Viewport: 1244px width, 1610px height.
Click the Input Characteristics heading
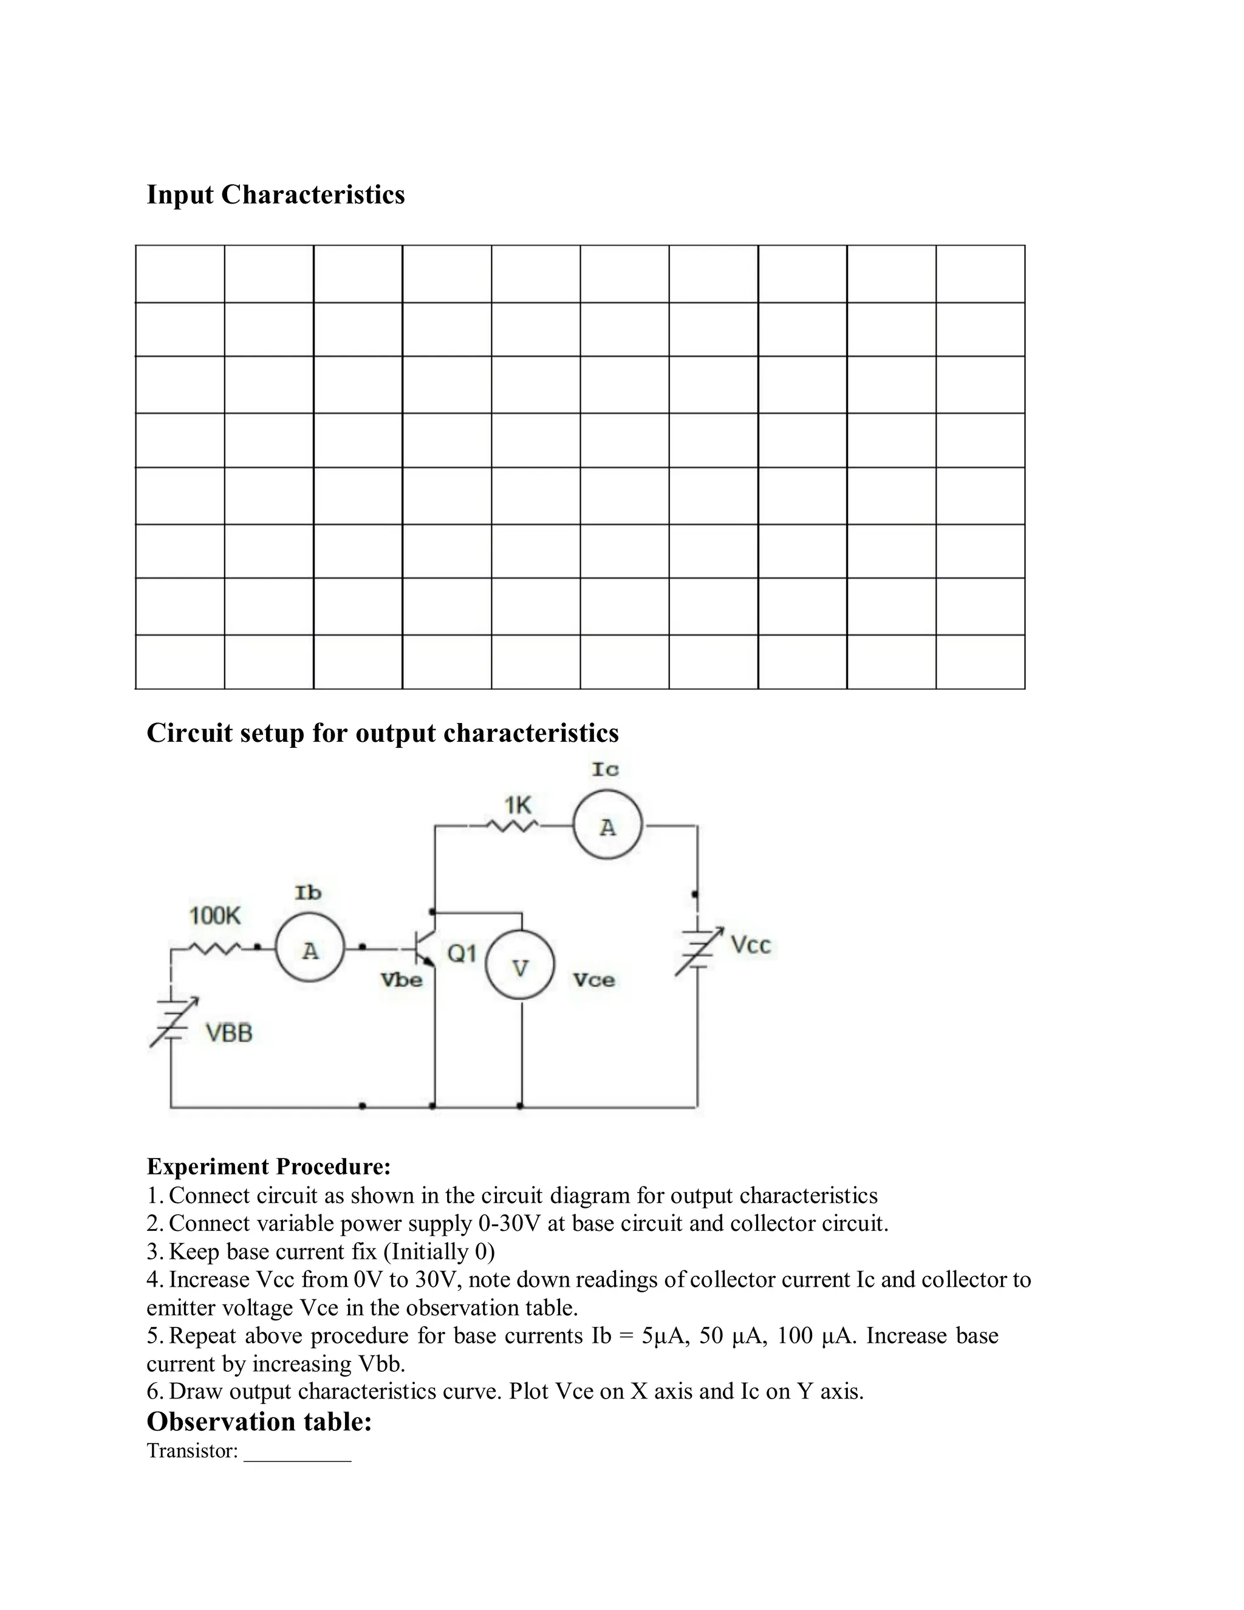[276, 194]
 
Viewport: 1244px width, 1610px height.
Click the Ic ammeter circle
[607, 826]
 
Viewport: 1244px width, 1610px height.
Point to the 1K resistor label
[518, 804]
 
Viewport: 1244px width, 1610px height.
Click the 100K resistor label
[214, 916]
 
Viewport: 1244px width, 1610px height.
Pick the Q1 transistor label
[462, 953]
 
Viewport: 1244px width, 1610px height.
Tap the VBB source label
[228, 1033]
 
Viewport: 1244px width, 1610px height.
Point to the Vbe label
[401, 980]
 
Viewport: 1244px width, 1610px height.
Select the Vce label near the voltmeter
[593, 980]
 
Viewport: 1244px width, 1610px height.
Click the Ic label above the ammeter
[605, 769]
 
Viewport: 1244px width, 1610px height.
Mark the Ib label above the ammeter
[308, 892]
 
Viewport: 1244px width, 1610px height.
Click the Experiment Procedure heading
[268, 1166]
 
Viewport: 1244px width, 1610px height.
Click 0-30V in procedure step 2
[508, 1223]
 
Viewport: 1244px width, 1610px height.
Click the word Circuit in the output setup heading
[189, 733]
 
